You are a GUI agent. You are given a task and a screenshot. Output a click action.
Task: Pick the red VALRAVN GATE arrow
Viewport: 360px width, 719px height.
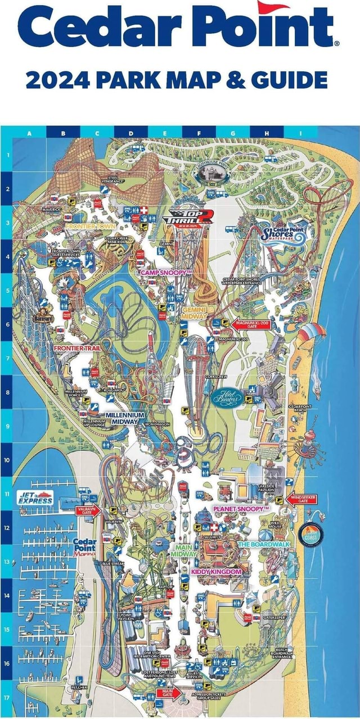click(87, 510)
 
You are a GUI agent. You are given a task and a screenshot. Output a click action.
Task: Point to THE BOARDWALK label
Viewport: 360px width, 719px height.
click(263, 544)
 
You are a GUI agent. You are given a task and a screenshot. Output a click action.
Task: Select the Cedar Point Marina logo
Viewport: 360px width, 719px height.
click(84, 546)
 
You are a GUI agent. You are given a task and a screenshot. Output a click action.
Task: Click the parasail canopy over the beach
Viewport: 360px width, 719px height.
click(311, 332)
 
